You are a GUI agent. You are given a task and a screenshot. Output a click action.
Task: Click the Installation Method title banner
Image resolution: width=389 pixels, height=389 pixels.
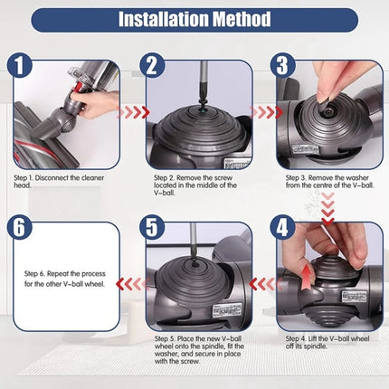[x=194, y=18]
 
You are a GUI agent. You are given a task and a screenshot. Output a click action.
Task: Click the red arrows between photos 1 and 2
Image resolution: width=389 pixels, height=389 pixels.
[x=134, y=113]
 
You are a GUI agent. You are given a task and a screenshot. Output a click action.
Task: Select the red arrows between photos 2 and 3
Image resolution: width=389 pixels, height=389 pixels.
[x=264, y=113]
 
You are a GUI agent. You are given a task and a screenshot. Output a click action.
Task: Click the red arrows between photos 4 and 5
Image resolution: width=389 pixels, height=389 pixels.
[x=264, y=283]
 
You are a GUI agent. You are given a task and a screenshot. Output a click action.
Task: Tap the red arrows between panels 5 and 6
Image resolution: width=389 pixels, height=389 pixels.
[x=134, y=283]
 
